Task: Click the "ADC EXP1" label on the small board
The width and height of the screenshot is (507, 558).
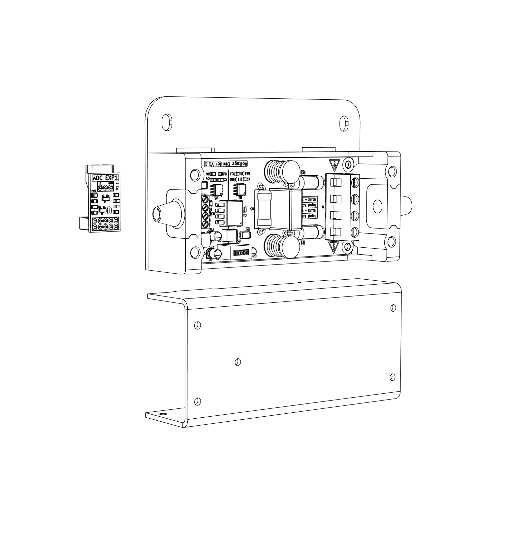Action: tap(105, 178)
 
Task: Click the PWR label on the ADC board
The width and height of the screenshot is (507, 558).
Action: tap(94, 191)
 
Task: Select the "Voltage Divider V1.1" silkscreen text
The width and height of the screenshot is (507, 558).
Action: tap(226, 164)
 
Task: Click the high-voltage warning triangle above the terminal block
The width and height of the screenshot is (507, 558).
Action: tap(335, 165)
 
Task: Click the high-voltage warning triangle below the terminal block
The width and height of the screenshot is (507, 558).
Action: tap(334, 246)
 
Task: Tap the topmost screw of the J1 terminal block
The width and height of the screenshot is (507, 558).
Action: tap(355, 183)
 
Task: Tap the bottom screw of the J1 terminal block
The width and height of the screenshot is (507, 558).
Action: tap(355, 232)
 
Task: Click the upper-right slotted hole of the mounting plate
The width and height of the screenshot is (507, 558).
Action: tap(344, 123)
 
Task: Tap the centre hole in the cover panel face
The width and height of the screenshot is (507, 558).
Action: tap(238, 362)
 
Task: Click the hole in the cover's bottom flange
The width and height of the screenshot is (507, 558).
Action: tap(162, 414)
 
